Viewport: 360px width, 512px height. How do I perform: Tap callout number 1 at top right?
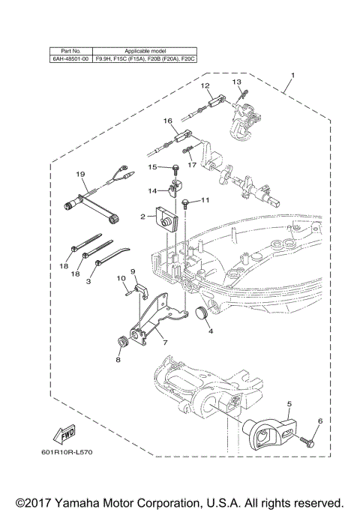[x=292, y=75]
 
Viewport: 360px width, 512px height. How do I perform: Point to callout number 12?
[x=204, y=86]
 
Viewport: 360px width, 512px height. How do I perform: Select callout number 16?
[x=168, y=120]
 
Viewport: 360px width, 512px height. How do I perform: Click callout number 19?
[x=80, y=175]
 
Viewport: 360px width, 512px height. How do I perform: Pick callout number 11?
[x=205, y=200]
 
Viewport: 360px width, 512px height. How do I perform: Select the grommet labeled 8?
[x=118, y=343]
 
